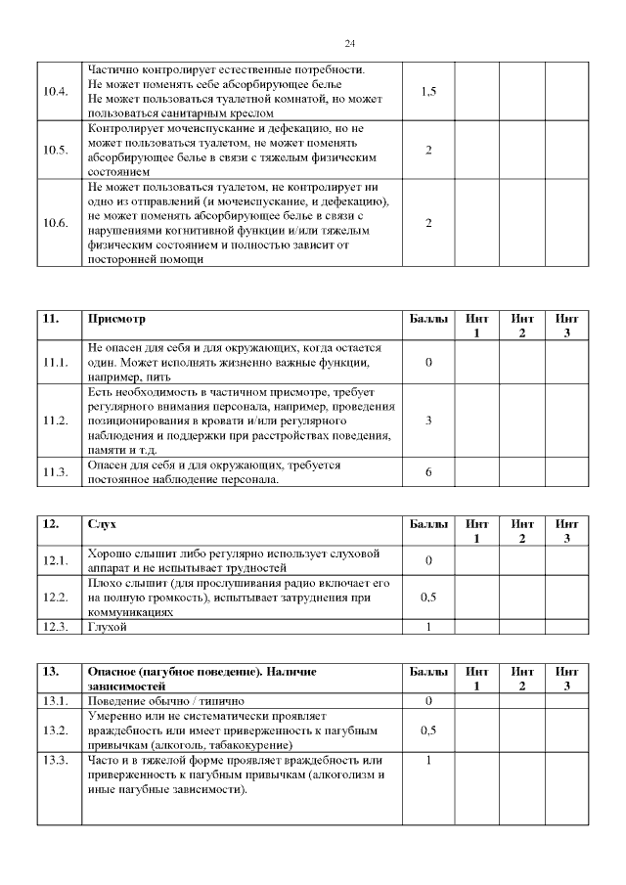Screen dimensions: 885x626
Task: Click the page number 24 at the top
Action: pyautogui.click(x=350, y=44)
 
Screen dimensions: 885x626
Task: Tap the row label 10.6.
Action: pyautogui.click(x=57, y=223)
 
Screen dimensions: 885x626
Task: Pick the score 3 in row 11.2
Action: pyautogui.click(x=428, y=420)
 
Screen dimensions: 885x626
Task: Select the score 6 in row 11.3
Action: pyautogui.click(x=428, y=472)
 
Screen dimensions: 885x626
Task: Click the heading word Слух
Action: pyautogui.click(x=102, y=524)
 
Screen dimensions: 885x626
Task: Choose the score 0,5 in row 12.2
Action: pyautogui.click(x=428, y=597)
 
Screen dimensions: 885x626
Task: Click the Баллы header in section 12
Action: pyautogui.click(x=428, y=524)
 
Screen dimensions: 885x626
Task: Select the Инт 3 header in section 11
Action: pyautogui.click(x=566, y=327)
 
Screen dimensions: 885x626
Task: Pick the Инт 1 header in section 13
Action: pyautogui.click(x=477, y=679)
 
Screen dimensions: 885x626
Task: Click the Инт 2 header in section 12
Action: pyautogui.click(x=522, y=531)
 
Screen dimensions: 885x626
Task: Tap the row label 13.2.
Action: pyautogui.click(x=57, y=730)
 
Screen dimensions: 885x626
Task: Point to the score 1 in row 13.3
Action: pyautogui.click(x=428, y=760)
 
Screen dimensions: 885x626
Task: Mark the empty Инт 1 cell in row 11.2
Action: pyautogui.click(x=477, y=420)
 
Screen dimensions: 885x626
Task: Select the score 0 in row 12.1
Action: pyautogui.click(x=428, y=560)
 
